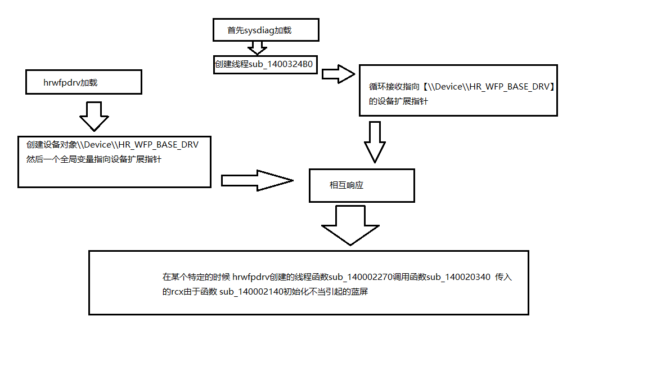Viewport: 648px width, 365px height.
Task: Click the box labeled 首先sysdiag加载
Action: coord(265,29)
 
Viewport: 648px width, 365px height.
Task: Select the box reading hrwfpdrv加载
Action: coord(83,82)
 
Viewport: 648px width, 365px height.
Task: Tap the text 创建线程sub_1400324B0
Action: coord(263,64)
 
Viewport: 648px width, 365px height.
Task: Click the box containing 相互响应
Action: coord(362,185)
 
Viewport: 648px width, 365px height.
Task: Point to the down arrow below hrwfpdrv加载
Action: coord(94,116)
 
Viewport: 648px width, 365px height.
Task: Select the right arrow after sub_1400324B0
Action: coord(339,74)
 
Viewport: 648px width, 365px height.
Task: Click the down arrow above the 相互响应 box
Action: coord(375,142)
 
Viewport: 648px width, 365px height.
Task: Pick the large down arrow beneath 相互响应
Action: coord(350,225)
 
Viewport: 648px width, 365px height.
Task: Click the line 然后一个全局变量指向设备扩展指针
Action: coord(94,159)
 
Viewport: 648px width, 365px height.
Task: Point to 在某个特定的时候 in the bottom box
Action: coord(195,277)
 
